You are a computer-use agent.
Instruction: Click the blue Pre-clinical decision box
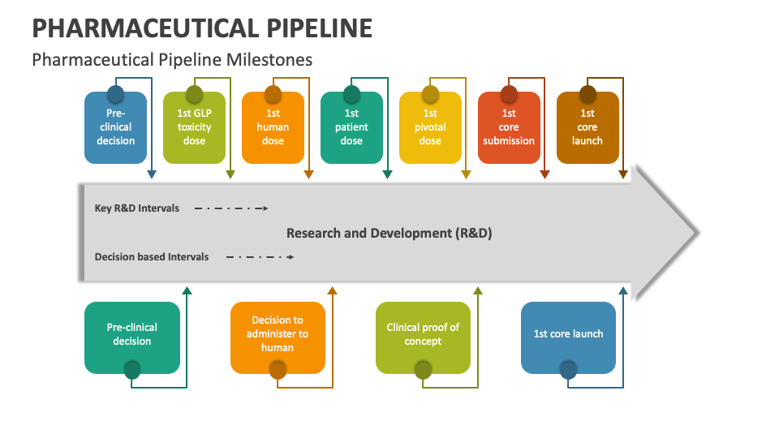pos(115,127)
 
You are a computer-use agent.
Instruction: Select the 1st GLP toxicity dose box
pos(194,127)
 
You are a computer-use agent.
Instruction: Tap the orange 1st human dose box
pos(273,127)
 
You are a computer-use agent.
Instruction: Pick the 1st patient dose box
pos(351,127)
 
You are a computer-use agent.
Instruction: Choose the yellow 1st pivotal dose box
pos(430,127)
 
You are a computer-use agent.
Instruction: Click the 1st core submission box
pos(509,127)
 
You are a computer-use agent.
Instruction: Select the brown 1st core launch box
pos(587,127)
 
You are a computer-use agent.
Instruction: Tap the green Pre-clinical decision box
pos(132,337)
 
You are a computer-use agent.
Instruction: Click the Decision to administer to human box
pos(278,337)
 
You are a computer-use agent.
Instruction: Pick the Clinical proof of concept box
pos(423,337)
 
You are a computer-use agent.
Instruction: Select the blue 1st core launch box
pos(568,337)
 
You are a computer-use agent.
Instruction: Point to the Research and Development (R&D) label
pos(389,234)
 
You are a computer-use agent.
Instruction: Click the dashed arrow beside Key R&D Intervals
pos(231,208)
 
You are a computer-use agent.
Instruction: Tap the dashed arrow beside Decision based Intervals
pos(260,257)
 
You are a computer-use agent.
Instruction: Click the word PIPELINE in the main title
pos(320,28)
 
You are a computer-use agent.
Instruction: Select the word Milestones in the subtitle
pos(269,60)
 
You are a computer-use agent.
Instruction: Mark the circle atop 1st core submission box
pos(509,94)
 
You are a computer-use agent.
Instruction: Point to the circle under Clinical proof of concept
pos(423,370)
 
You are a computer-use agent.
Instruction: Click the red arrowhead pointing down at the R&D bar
pos(544,174)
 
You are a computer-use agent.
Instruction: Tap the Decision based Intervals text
pos(152,257)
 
